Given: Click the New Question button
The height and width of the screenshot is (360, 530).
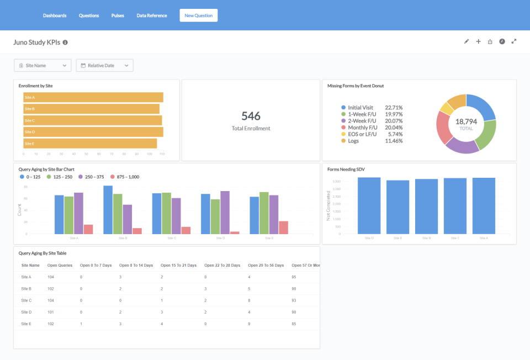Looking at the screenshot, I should click(x=198, y=15).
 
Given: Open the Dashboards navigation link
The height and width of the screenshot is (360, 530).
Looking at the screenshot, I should click(x=55, y=15).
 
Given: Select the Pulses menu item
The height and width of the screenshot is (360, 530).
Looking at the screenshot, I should click(x=118, y=15).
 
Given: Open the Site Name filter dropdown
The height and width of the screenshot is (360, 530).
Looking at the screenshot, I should click(x=43, y=66).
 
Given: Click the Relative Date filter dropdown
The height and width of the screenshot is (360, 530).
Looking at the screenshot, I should click(x=104, y=66).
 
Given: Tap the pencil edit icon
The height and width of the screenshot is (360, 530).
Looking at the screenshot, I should click(x=466, y=41).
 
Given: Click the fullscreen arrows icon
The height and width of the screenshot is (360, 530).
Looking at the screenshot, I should click(x=514, y=41).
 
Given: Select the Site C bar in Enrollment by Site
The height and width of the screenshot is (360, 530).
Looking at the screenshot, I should click(x=92, y=120).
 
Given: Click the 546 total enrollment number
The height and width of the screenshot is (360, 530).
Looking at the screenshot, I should click(x=251, y=116).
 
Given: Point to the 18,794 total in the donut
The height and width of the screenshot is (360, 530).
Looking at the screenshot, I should click(x=466, y=121).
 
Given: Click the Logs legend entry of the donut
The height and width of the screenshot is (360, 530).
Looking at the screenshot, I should click(x=353, y=141).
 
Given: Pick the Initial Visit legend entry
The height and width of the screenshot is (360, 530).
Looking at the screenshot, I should click(x=360, y=108).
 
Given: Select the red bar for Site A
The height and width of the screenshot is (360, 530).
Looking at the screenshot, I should click(x=88, y=229).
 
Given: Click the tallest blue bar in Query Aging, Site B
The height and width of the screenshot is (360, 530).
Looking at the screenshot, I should click(x=108, y=210).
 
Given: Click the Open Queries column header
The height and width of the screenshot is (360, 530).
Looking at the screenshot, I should click(x=60, y=265).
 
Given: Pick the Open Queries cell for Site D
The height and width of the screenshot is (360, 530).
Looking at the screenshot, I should click(x=51, y=312).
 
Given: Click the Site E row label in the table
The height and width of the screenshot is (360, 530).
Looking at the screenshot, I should click(x=26, y=324).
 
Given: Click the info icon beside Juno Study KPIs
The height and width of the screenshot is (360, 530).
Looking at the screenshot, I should click(x=65, y=43).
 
